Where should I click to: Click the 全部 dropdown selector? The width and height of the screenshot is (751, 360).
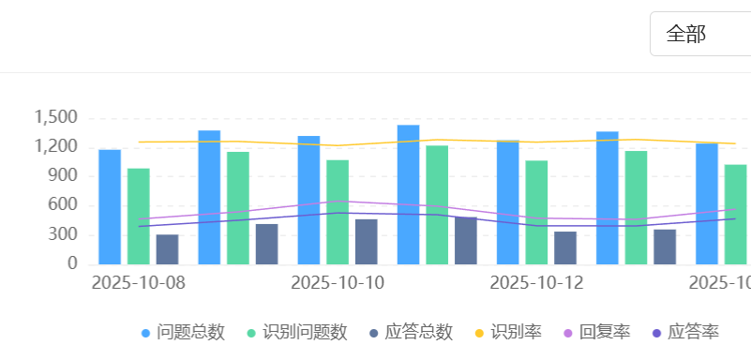(x=698, y=35)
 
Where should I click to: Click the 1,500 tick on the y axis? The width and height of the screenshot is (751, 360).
(x=55, y=117)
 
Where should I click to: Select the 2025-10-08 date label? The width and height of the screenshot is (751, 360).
(x=138, y=282)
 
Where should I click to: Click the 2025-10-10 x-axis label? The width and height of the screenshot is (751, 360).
(x=338, y=282)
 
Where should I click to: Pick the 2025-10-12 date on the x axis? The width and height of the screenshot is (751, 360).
(x=536, y=282)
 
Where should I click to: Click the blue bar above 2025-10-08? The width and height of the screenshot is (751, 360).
(x=110, y=206)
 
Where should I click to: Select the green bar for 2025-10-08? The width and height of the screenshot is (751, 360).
(x=139, y=216)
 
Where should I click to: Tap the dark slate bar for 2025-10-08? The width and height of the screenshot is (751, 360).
(x=167, y=249)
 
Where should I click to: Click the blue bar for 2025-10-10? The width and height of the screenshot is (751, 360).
(x=308, y=200)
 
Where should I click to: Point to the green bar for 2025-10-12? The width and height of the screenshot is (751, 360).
(x=536, y=212)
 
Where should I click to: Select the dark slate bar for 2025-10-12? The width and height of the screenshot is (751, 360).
(x=565, y=247)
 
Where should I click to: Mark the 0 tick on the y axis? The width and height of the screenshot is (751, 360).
(x=71, y=264)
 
